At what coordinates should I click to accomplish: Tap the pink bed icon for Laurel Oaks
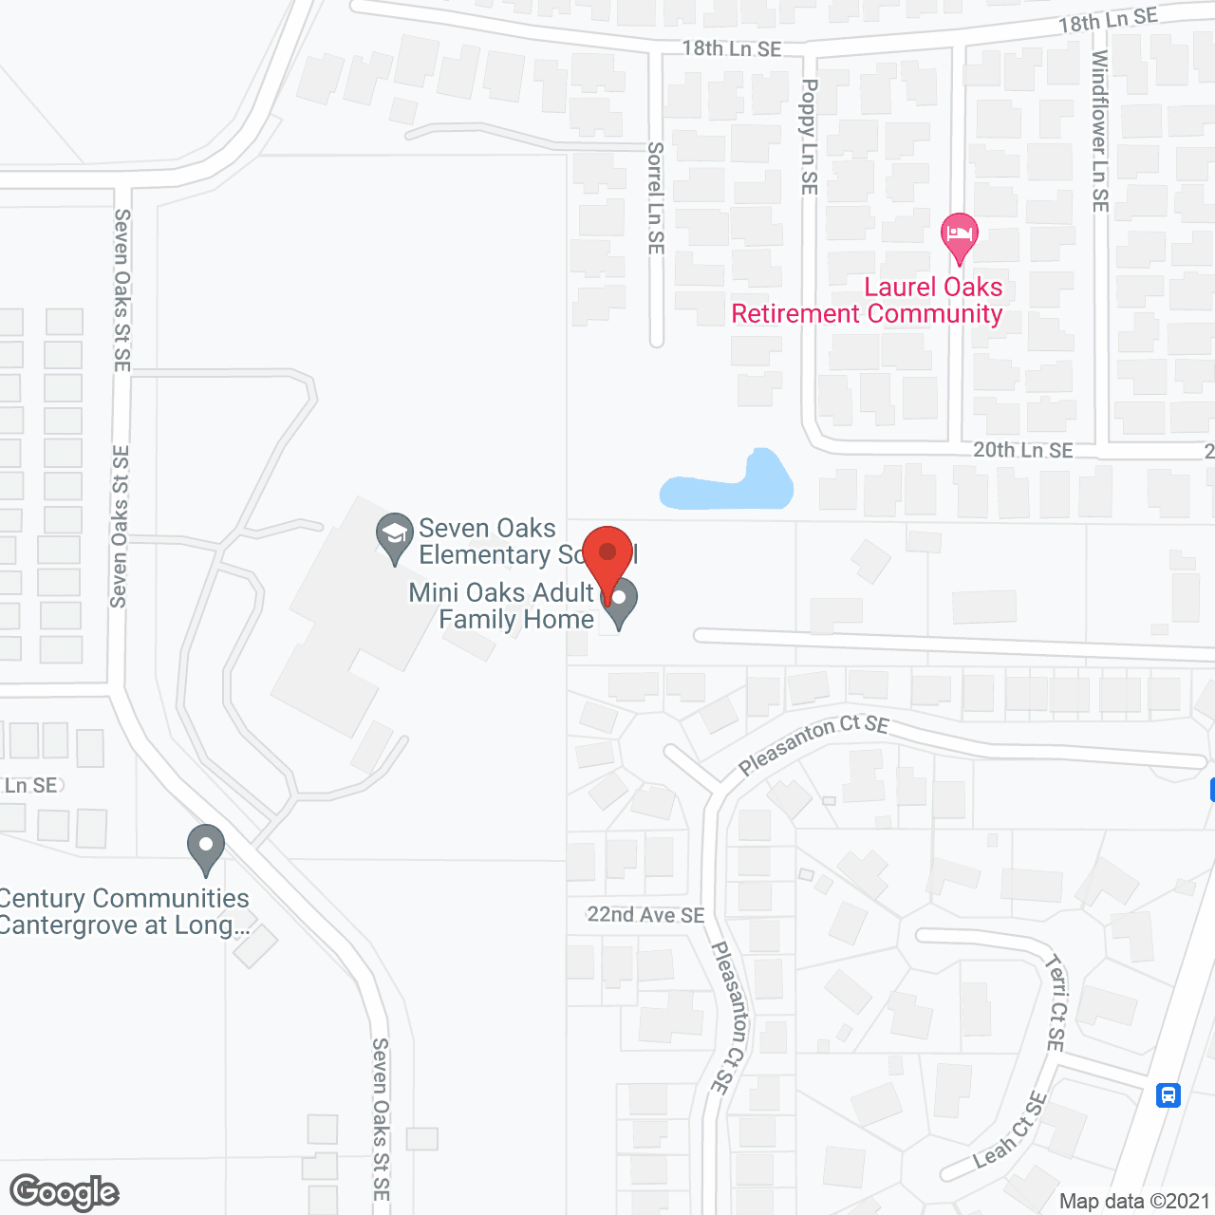[959, 235]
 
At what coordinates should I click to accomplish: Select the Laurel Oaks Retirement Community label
[867, 300]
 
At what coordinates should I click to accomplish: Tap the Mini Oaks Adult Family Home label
[502, 606]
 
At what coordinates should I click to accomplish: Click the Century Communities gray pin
[206, 847]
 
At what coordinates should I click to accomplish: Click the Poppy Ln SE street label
[809, 137]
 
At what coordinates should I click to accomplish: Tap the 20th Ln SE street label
[1022, 450]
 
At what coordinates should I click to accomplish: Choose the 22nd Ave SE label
[645, 914]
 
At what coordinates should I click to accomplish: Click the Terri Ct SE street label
[1056, 1002]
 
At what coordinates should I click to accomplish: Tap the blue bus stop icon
[1168, 1094]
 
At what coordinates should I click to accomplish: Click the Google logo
[65, 1192]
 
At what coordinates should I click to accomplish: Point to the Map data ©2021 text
[1134, 1201]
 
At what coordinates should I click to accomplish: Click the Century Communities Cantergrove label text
[124, 911]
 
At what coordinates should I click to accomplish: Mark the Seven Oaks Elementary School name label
[488, 541]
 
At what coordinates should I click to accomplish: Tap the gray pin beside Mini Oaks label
[619, 604]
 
